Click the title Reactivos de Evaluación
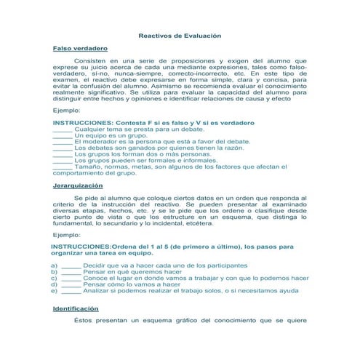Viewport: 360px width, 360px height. (180, 35)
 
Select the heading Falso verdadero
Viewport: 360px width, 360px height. (77, 48)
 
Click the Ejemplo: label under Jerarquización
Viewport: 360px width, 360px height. (67, 235)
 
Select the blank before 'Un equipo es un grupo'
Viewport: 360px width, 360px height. (63, 135)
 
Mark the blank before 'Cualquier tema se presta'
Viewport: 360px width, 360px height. (63, 129)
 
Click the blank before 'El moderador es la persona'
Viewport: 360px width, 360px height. (63, 142)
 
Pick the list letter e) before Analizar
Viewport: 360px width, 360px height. (55, 291)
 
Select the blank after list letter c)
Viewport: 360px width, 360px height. (71, 278)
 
